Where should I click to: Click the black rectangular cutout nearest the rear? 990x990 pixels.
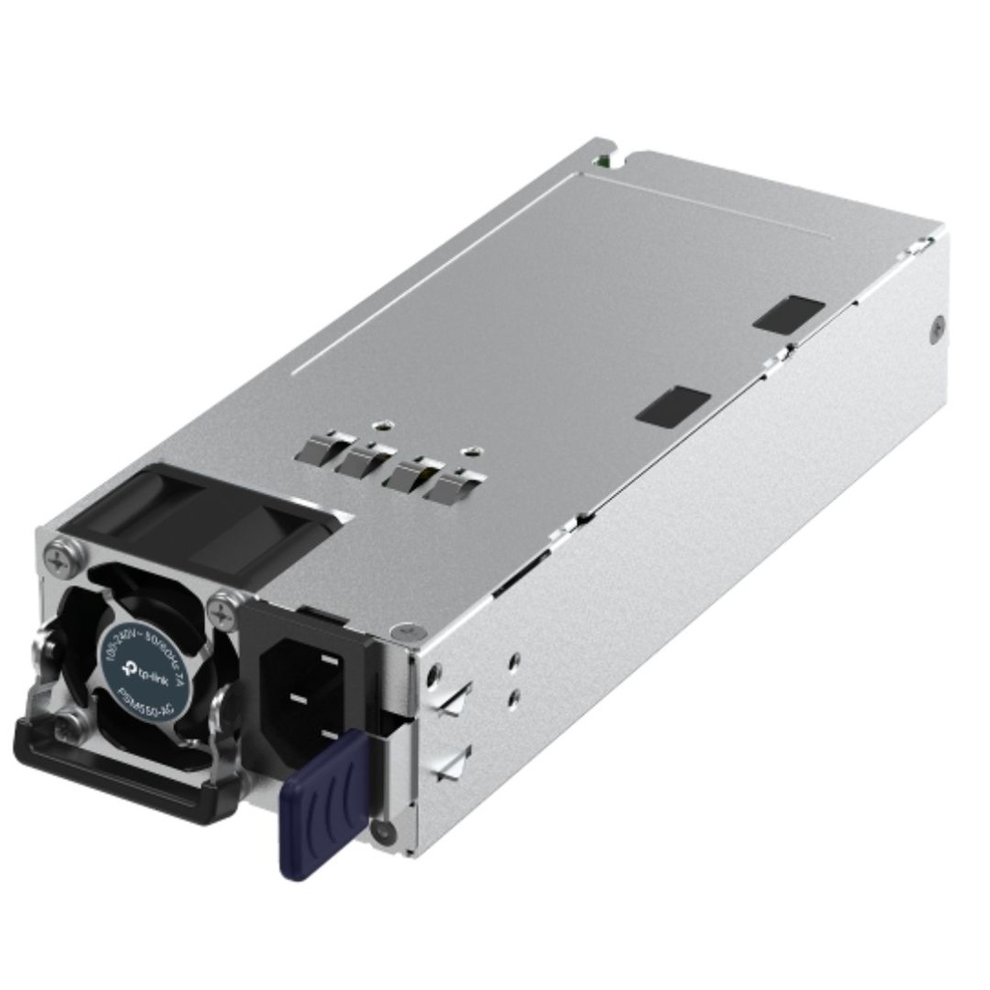(x=788, y=313)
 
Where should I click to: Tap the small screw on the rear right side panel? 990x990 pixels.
(x=935, y=330)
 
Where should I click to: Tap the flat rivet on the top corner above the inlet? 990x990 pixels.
(x=394, y=632)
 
